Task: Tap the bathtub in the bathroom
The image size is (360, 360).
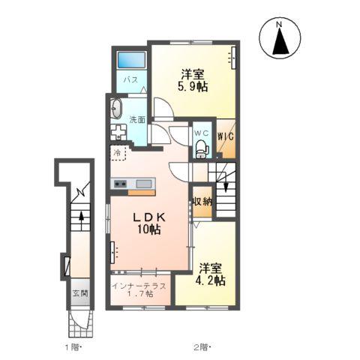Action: (131, 60)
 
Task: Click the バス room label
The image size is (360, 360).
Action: (131, 80)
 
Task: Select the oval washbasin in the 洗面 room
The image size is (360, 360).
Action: (116, 108)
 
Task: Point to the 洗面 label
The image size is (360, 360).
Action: (137, 120)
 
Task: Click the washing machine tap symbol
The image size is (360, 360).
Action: (118, 132)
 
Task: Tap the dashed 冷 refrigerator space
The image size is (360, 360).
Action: (118, 152)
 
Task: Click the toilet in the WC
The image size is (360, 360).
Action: (202, 149)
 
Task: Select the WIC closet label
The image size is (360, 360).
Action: (226, 136)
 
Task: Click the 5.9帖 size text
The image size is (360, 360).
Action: (193, 87)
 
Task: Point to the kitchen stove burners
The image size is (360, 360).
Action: (120, 184)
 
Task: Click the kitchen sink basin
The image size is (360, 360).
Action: (144, 184)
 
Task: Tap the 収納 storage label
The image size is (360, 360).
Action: (202, 201)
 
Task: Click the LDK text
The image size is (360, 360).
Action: (149, 217)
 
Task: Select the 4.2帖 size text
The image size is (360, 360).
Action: (210, 280)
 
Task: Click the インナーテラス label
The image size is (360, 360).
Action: (139, 286)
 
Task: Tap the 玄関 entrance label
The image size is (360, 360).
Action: (80, 293)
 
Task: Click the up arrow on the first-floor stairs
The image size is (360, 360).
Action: (81, 220)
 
